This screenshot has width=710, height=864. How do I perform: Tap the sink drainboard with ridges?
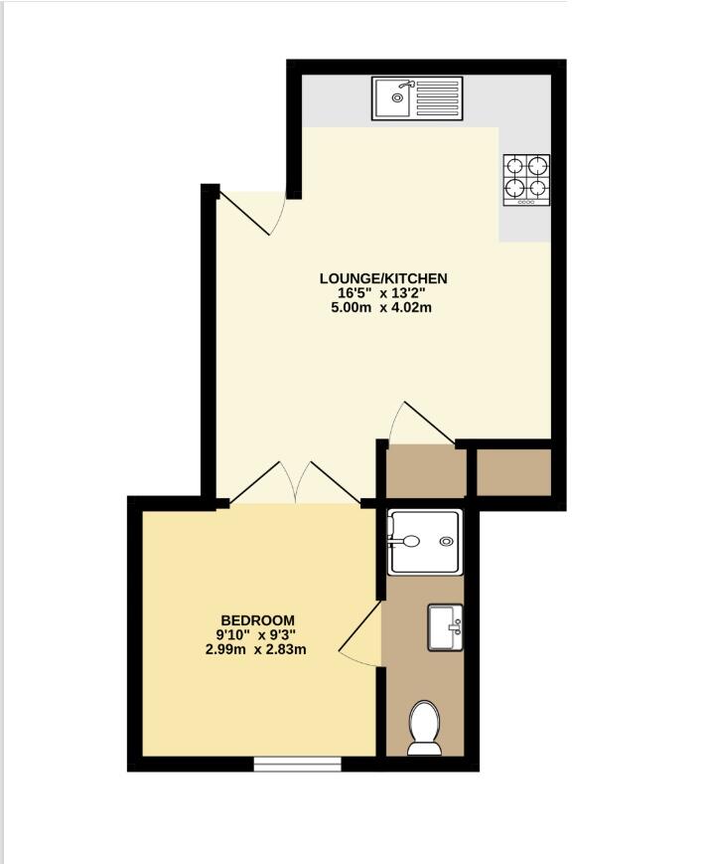[x=438, y=98]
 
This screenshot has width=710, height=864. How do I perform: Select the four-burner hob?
[x=526, y=180]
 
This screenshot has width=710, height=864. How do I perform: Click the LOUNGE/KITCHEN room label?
[x=383, y=278]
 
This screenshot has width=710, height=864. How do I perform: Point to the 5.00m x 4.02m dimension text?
[x=381, y=307]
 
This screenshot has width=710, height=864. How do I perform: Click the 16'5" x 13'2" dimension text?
[x=382, y=293]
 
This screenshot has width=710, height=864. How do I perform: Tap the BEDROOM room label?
[x=257, y=620]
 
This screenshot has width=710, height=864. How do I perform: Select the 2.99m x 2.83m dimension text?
[x=256, y=649]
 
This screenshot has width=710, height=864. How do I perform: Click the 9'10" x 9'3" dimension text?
[x=256, y=634]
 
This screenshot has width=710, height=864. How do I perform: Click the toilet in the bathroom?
[x=424, y=728]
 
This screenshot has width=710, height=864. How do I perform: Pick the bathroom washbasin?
[x=445, y=627]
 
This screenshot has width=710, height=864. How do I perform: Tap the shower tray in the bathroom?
[x=425, y=542]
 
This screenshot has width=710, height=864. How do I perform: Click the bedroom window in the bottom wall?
[x=297, y=764]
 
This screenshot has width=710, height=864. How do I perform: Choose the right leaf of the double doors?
[x=337, y=482]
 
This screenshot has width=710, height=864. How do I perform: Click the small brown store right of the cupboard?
[x=513, y=472]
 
